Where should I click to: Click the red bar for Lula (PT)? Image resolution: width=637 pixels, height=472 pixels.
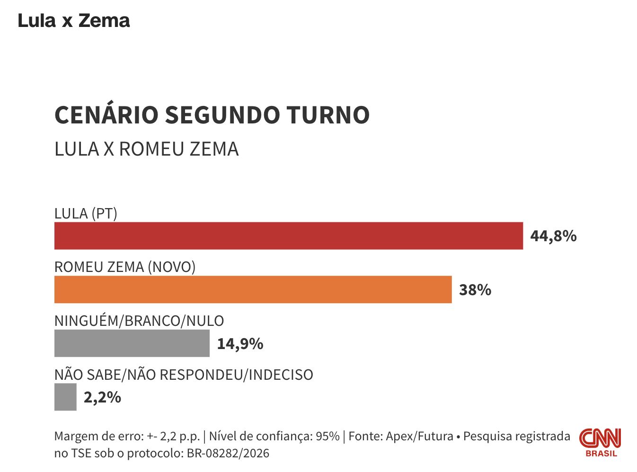tap(289, 236)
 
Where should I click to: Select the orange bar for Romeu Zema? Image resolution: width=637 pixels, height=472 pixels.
tap(253, 289)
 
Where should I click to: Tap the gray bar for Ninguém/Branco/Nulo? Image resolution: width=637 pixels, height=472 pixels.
tap(132, 343)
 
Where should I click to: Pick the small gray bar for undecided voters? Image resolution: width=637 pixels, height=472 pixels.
tap(65, 397)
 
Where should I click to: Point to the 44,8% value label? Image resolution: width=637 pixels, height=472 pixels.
tap(553, 236)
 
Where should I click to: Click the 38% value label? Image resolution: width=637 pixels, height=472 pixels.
tap(475, 289)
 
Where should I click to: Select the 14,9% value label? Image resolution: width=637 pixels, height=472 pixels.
tap(240, 343)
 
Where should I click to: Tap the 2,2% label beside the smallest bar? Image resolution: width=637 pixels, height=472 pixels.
tap(102, 397)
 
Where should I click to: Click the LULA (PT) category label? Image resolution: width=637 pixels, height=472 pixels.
tap(86, 214)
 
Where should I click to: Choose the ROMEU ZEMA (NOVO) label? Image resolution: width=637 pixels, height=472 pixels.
tap(125, 267)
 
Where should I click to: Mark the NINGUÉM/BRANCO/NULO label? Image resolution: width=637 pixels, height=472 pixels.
tap(139, 321)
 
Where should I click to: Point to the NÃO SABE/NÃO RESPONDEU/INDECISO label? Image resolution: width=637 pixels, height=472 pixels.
tap(184, 375)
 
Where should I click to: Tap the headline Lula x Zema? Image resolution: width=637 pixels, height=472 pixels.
tap(74, 21)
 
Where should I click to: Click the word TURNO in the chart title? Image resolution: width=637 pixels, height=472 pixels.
tap(328, 115)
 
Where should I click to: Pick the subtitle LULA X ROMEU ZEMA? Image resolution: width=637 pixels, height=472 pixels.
tap(146, 149)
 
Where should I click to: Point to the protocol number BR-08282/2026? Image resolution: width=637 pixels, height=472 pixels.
tap(228, 454)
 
